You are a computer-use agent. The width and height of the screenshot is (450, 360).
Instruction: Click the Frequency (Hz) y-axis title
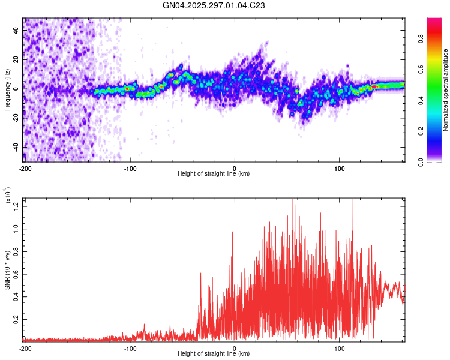tap(7, 90)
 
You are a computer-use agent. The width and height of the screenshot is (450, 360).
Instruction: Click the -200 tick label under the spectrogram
tap(25, 168)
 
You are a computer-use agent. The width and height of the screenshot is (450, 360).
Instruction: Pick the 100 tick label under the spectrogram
tap(340, 168)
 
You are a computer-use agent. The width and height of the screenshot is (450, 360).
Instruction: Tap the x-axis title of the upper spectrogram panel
tap(214, 174)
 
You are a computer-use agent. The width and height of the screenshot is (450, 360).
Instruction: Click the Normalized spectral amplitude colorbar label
tap(446, 90)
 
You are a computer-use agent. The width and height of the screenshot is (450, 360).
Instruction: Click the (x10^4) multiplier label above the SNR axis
tap(8, 196)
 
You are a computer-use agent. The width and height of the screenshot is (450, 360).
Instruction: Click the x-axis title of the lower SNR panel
tap(214, 353)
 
